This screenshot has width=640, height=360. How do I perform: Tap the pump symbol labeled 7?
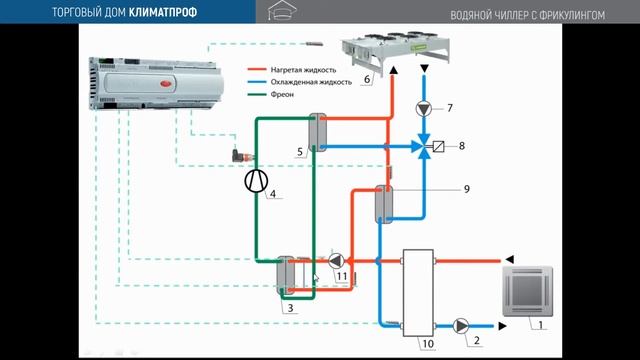click(x=424, y=107)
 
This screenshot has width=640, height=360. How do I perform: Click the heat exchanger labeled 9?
click(x=386, y=206)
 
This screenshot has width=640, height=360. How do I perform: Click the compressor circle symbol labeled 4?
click(x=256, y=181)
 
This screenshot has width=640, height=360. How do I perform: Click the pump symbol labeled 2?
click(x=463, y=325)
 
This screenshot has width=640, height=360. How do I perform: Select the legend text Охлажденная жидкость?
click(x=305, y=84)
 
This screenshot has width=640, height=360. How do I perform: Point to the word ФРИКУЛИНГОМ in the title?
click(x=588, y=13)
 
